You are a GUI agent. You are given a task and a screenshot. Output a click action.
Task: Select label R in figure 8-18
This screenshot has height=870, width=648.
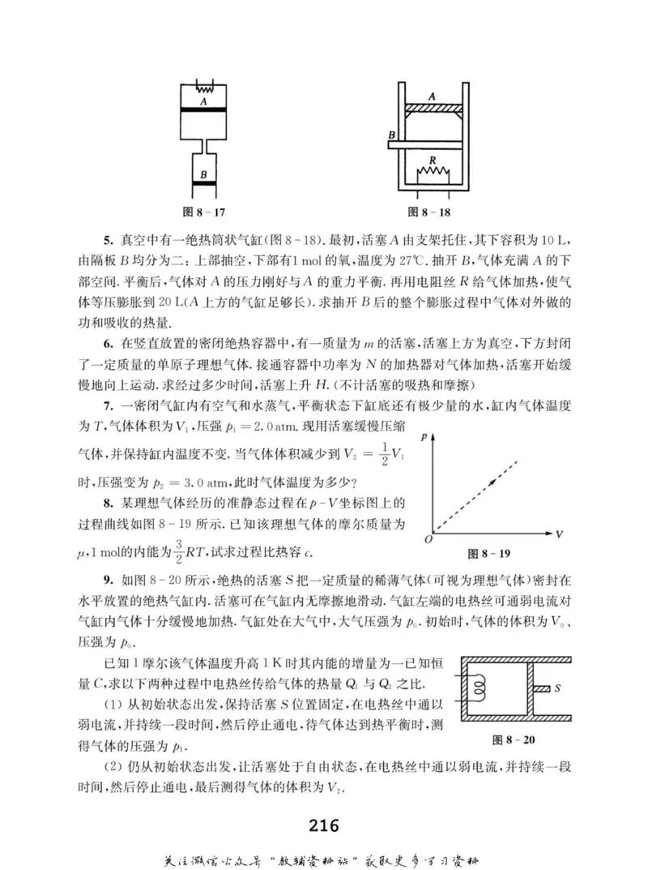(433, 161)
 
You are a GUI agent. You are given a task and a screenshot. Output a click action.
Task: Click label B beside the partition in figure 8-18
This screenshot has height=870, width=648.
(392, 134)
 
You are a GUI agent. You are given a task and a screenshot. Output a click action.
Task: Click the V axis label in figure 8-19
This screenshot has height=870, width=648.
(559, 534)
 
